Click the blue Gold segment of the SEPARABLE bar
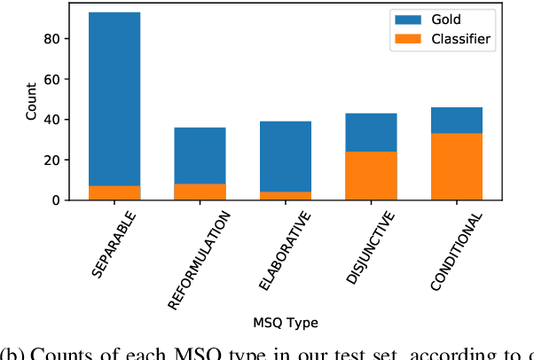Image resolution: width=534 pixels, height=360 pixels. point(114,98)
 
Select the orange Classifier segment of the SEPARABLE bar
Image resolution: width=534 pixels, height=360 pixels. point(114,192)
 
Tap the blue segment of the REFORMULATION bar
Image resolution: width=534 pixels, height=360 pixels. point(200,155)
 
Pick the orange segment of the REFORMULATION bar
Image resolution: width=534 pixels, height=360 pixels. point(200,192)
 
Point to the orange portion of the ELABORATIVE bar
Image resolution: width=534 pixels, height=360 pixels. point(286,196)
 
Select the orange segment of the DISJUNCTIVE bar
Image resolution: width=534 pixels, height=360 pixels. point(371,176)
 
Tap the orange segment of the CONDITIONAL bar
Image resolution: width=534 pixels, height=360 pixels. point(456,167)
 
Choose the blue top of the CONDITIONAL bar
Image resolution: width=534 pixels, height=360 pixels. point(456,121)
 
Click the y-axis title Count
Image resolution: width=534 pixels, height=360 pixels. point(32,102)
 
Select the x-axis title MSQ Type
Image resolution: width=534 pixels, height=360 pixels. point(286,323)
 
